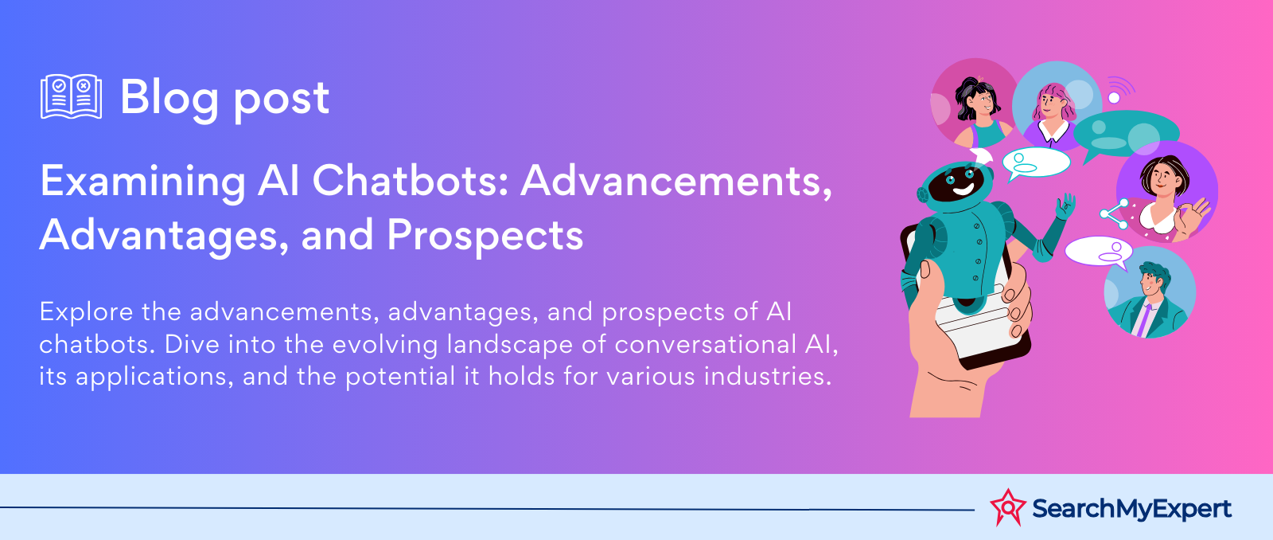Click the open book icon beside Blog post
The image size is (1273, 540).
[x=71, y=96]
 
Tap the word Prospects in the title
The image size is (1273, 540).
[x=485, y=235]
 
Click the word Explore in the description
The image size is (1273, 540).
[x=86, y=312]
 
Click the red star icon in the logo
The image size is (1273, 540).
[x=1007, y=507]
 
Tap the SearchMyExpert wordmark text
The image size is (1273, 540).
[x=1131, y=509]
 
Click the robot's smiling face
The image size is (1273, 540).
[x=960, y=182]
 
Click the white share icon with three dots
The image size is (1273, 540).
[x=1115, y=214]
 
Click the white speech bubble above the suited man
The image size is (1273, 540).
[x=1099, y=252]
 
